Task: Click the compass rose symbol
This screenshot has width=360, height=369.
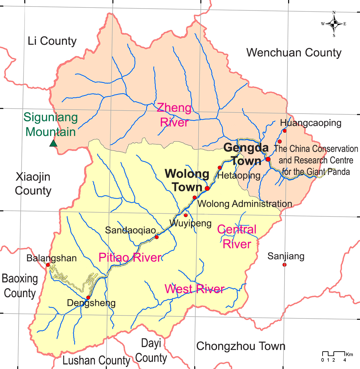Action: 334,24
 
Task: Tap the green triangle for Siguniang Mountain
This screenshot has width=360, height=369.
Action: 53,143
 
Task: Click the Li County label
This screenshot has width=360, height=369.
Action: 52,41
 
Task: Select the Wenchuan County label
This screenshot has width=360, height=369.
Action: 294,53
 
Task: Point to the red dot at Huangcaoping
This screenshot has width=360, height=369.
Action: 285,131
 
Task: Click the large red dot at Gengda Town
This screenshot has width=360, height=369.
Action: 268,159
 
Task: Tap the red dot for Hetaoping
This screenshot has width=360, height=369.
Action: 220,168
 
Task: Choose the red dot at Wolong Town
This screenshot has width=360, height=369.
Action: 207,188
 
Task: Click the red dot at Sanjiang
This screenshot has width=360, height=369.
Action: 284,265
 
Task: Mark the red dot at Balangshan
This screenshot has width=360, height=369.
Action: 48,265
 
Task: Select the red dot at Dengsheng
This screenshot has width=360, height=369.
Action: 88,297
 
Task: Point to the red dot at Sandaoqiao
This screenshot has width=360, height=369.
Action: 157,237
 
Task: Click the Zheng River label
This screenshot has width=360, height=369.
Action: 174,115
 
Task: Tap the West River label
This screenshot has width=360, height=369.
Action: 194,289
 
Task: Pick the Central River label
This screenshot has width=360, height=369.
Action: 237,237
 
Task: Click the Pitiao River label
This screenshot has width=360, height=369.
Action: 130,257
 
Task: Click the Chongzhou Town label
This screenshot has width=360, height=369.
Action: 241,346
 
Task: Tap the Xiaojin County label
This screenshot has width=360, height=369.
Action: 33,184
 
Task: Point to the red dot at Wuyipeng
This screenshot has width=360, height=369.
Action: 185,215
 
